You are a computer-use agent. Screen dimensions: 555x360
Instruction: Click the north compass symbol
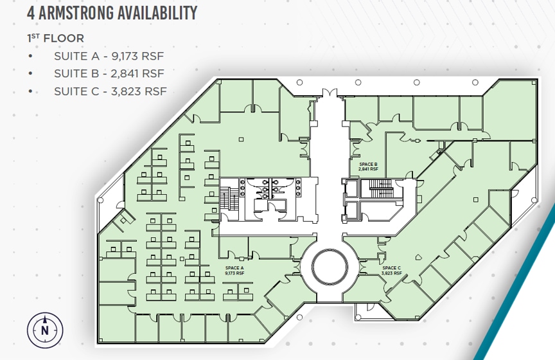45,330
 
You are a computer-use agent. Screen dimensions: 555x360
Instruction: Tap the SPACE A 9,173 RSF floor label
234,271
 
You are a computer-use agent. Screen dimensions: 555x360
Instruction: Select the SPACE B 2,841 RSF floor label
368,166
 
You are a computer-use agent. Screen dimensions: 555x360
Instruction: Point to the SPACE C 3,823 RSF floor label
392,271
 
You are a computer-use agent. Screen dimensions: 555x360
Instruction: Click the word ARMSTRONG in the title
76,13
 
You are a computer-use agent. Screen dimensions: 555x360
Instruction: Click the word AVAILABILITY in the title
157,13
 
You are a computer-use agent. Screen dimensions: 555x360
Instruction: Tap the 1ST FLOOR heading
56,39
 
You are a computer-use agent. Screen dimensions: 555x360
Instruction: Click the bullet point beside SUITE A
30,56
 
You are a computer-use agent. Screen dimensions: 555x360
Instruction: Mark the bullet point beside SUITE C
30,91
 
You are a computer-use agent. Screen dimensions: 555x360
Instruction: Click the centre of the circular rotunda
330,267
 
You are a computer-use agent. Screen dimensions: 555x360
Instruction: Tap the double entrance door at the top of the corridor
329,93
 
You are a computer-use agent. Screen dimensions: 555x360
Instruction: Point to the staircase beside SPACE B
381,188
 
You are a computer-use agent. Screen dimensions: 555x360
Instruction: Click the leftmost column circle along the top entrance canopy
299,82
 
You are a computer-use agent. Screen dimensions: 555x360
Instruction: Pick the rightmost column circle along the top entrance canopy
475,82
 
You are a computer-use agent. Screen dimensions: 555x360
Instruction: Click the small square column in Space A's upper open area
241,139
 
